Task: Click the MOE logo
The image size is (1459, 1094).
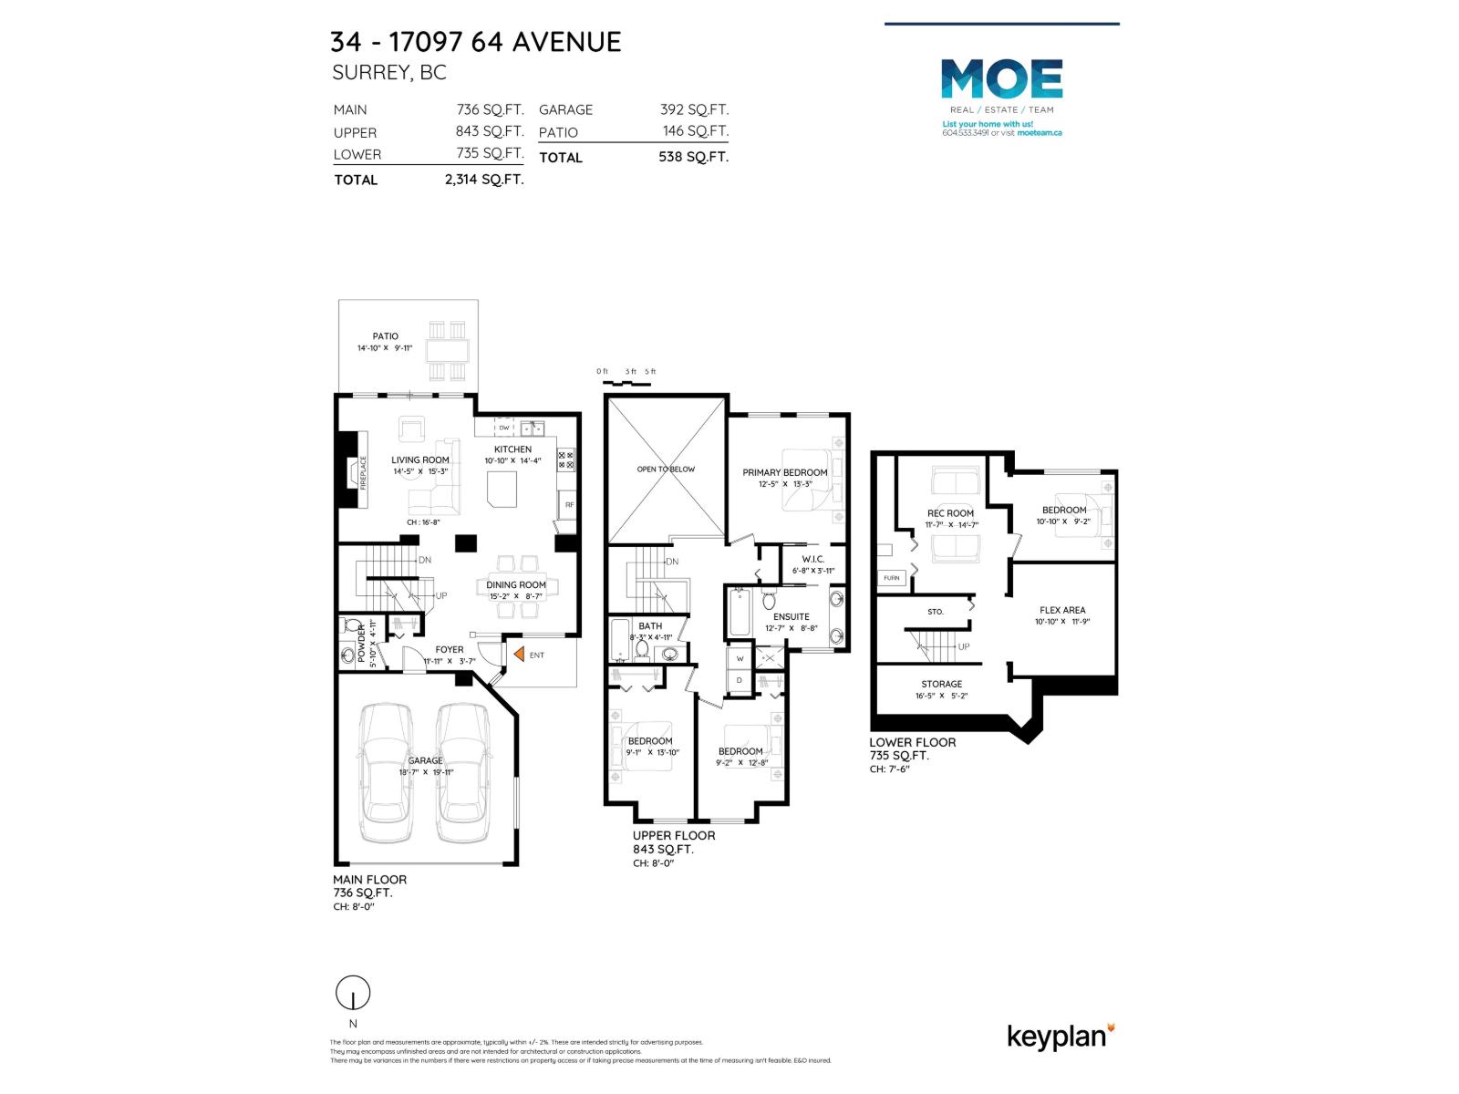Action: click(x=1001, y=79)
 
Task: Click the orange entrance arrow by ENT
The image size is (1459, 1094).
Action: click(x=518, y=654)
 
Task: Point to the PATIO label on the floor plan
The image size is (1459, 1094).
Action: click(x=385, y=336)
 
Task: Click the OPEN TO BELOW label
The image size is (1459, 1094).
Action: click(x=666, y=469)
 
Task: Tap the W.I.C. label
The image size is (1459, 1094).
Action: click(x=812, y=559)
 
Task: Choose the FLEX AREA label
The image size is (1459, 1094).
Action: click(x=1062, y=610)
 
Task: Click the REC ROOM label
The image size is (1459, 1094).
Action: click(x=950, y=513)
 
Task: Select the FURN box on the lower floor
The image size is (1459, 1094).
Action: click(x=891, y=578)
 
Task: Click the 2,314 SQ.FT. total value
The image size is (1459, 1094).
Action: click(x=483, y=180)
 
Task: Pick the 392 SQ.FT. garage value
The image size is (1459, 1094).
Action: click(x=694, y=109)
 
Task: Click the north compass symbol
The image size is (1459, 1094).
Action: click(x=353, y=992)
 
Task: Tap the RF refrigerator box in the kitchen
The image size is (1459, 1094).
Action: click(x=569, y=504)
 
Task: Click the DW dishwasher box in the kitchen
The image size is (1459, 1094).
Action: click(x=503, y=428)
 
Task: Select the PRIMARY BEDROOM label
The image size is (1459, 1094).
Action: click(x=784, y=472)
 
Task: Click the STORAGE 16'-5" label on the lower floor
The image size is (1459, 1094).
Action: click(x=941, y=684)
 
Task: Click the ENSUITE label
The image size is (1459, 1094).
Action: click(x=791, y=616)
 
